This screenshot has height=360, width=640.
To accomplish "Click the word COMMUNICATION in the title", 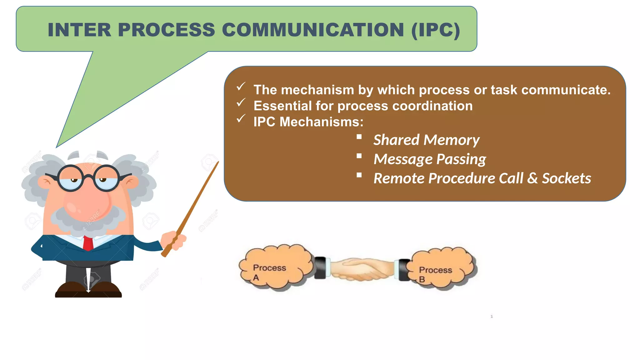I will [313, 30].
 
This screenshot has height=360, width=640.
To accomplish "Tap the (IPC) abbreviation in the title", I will [436, 30].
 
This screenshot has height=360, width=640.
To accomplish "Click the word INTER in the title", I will [79, 30].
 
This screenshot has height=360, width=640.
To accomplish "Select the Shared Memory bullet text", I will [426, 140].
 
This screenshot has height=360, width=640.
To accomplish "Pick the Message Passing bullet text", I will [430, 159].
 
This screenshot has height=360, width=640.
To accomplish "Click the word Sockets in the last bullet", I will [566, 179].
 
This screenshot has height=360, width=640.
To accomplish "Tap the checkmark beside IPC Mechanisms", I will [241, 119].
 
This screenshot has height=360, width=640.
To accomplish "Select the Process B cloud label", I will [435, 273].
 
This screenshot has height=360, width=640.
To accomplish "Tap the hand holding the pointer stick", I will [174, 240].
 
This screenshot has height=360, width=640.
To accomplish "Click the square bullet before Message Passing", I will [359, 156].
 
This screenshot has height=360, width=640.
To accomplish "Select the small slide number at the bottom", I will [492, 317].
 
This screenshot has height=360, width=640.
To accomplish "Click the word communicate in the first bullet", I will [566, 90].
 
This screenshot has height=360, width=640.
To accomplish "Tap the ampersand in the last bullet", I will [532, 179].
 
